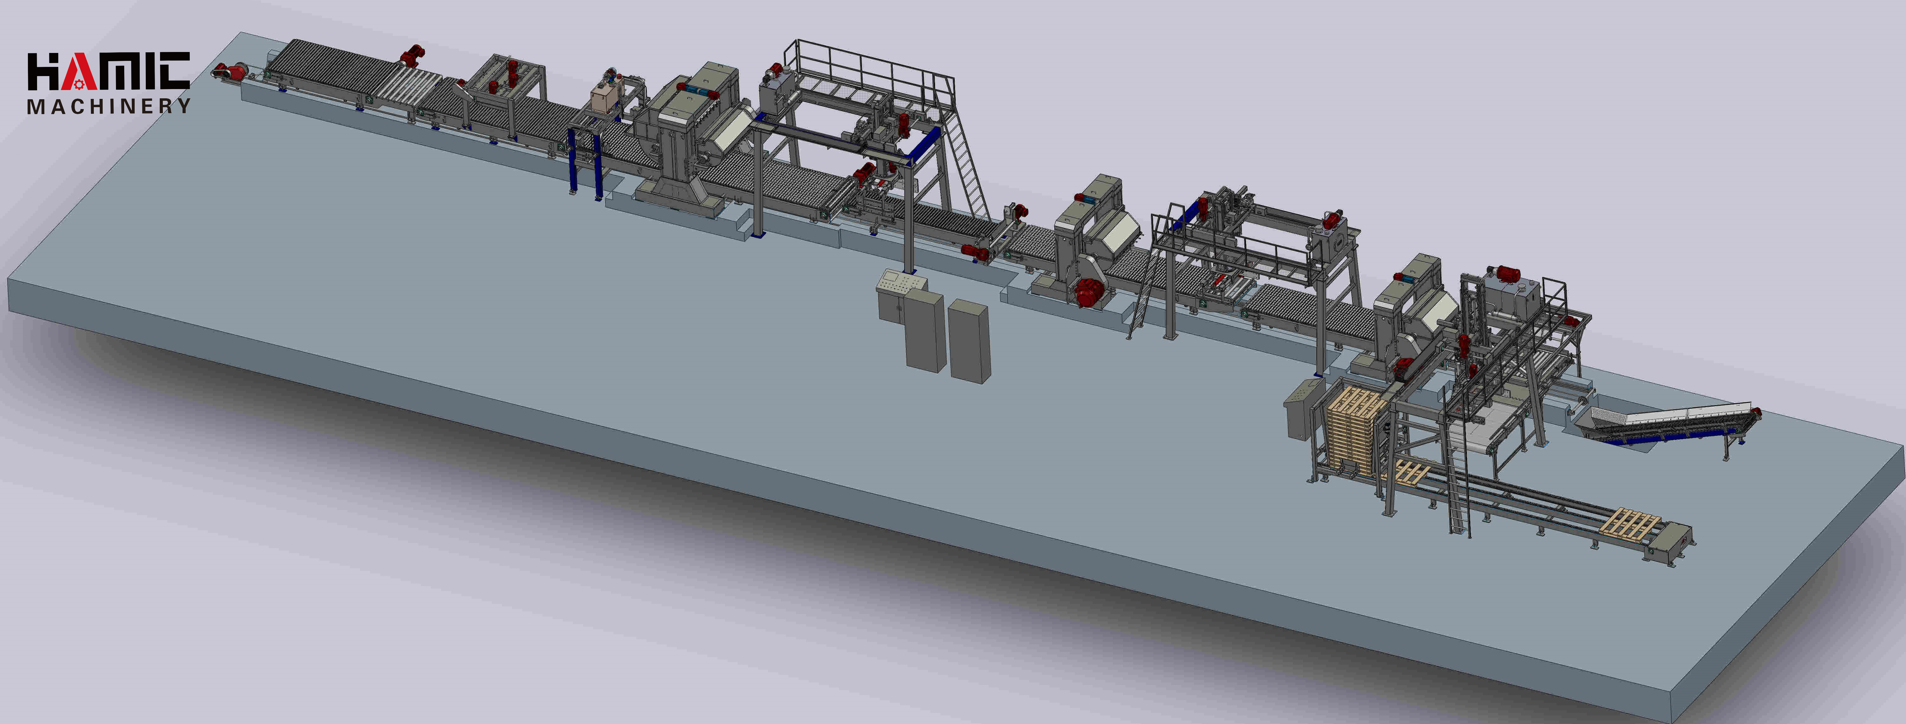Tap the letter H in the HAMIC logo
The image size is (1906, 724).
pos(42,71)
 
